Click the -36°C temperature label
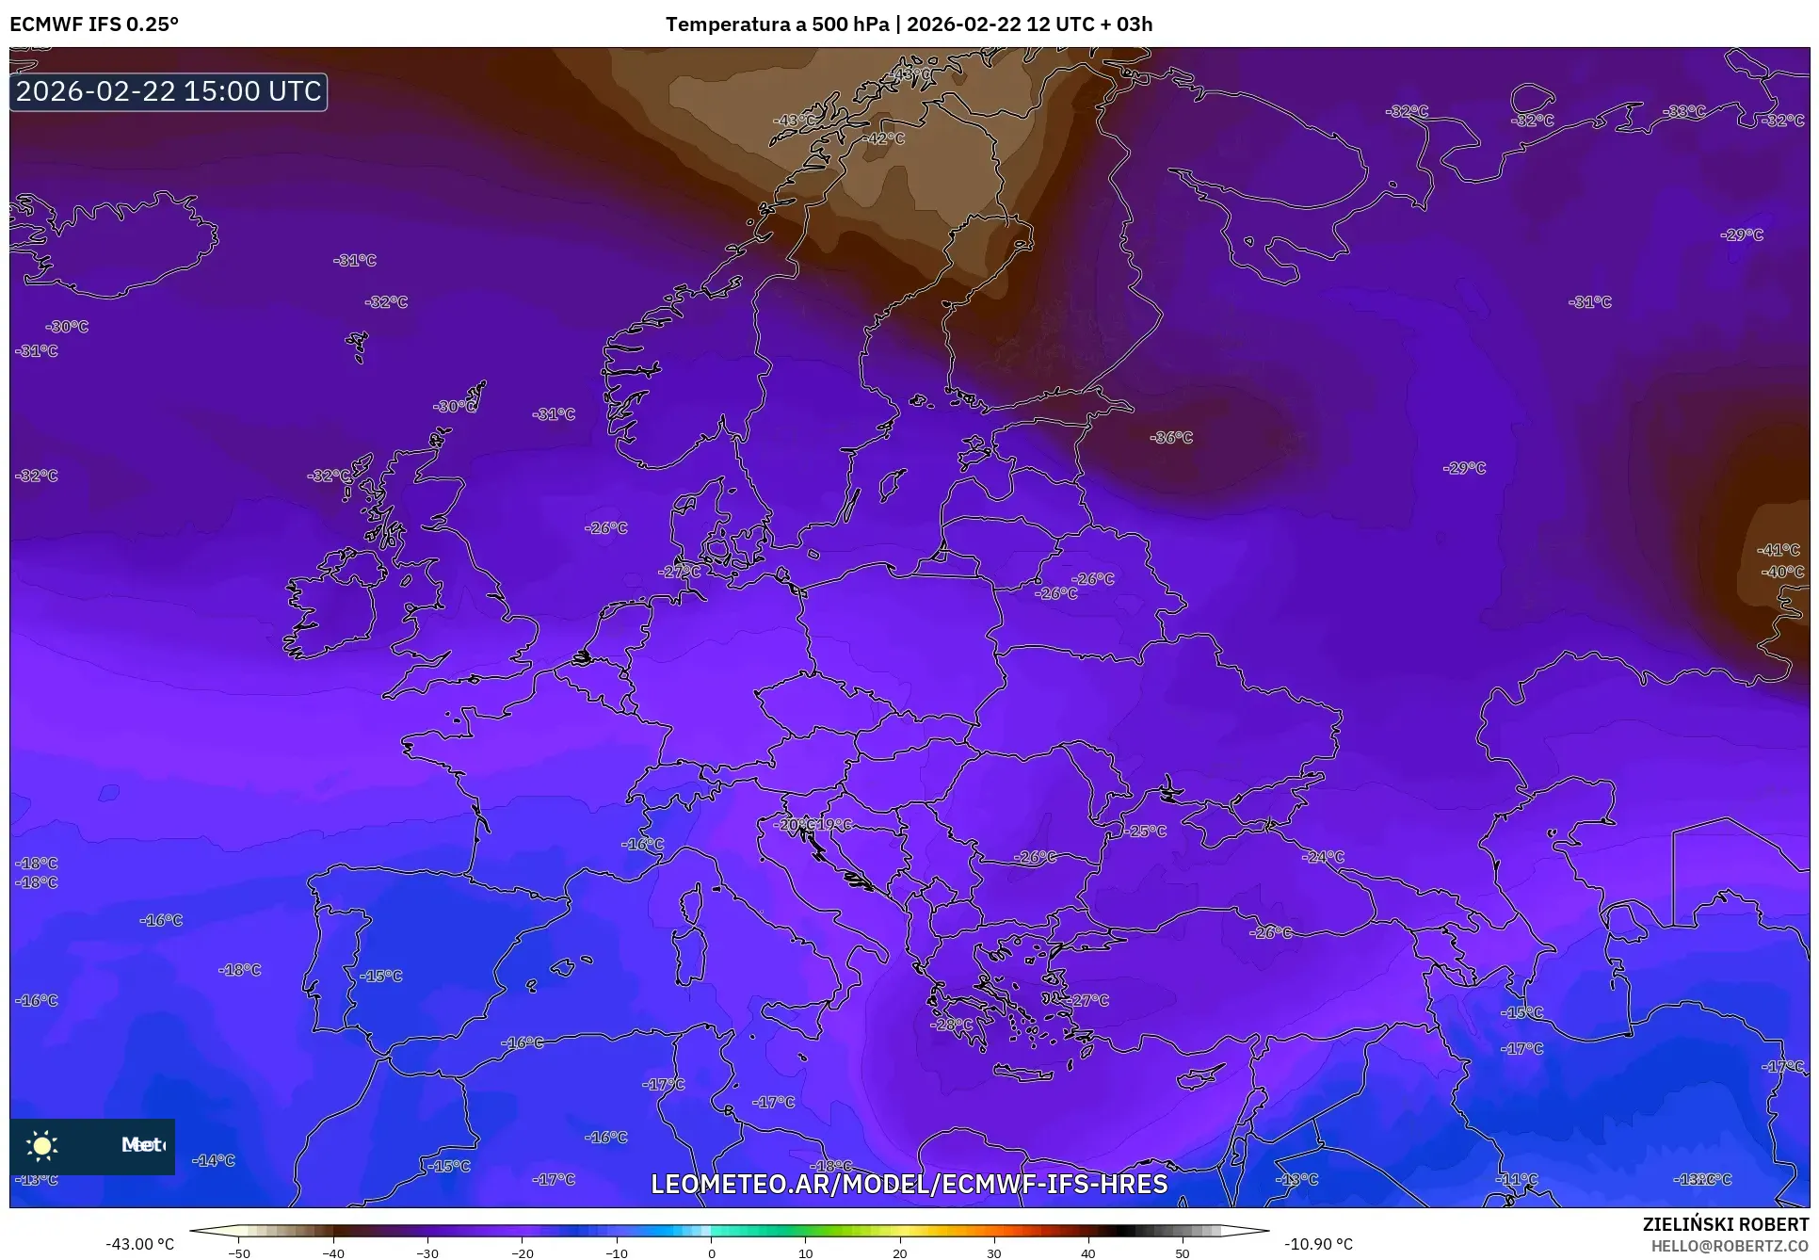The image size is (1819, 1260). (1171, 438)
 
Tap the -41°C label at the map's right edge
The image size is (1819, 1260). (1779, 550)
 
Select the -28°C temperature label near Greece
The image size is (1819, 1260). (951, 1025)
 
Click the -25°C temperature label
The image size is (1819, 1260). (1145, 832)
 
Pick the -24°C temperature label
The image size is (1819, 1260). (1323, 857)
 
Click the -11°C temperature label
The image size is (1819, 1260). (1517, 1179)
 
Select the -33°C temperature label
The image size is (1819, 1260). (1684, 111)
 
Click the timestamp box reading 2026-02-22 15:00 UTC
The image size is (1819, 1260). (169, 91)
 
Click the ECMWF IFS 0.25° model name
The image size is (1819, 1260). (94, 24)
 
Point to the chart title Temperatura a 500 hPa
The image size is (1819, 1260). (776, 24)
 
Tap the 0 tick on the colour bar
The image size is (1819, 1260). (711, 1253)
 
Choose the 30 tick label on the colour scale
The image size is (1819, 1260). (994, 1253)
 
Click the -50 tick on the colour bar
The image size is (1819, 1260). (239, 1253)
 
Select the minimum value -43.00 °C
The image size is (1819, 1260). (139, 1244)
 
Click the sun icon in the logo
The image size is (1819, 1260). (42, 1146)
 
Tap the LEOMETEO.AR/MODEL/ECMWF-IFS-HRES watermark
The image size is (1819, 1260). (909, 1184)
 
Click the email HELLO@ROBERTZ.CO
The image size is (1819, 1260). (1730, 1246)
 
